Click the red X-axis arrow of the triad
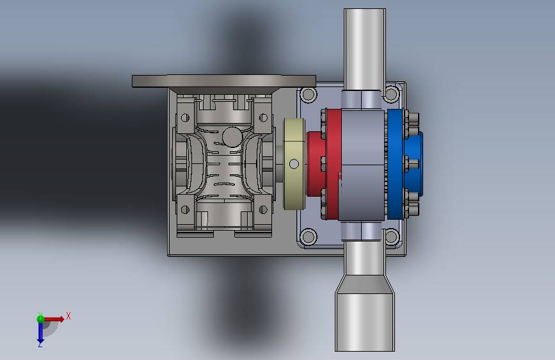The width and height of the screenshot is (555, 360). (x=53, y=319)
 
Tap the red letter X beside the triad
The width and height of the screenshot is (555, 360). (x=68, y=316)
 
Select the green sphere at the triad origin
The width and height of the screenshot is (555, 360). (x=40, y=319)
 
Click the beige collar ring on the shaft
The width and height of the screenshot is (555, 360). (x=294, y=164)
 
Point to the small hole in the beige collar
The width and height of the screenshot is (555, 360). (x=294, y=164)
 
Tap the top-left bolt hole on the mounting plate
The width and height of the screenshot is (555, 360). (x=309, y=95)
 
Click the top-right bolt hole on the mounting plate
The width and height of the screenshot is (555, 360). (x=392, y=94)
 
